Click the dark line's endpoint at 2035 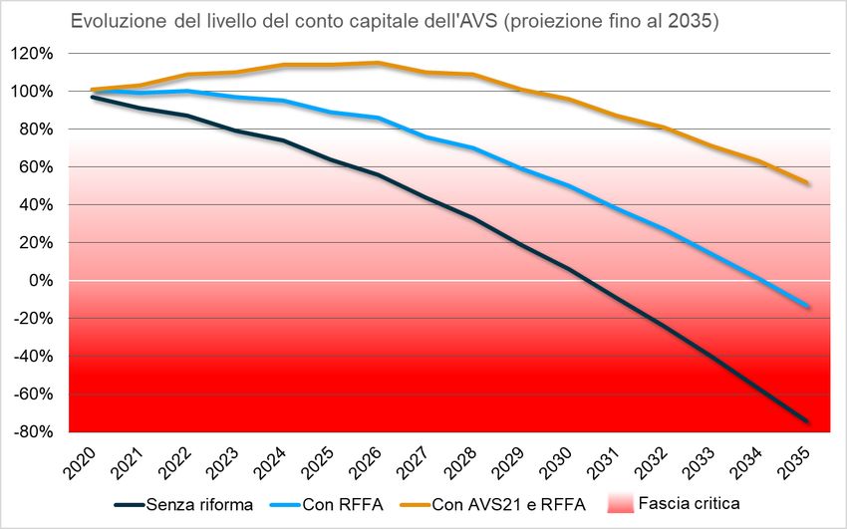pyautogui.click(x=807, y=421)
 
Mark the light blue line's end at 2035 pyautogui.click(x=807, y=307)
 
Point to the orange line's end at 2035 pyautogui.click(x=807, y=182)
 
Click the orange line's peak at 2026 pyautogui.click(x=377, y=63)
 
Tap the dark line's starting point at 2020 pyautogui.click(x=93, y=97)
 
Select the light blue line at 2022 pyautogui.click(x=188, y=91)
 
